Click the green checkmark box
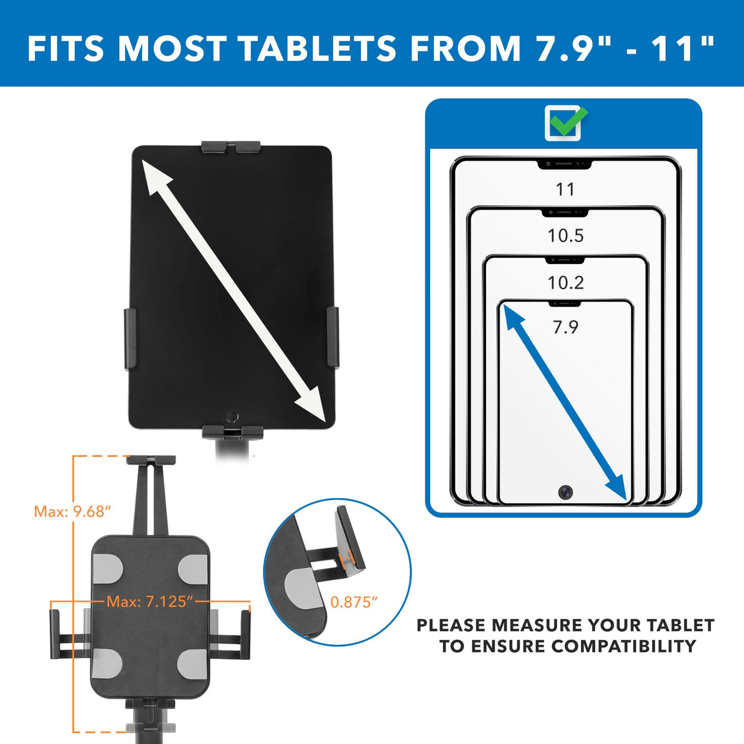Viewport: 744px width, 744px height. click(563, 123)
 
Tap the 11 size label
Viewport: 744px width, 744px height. click(565, 189)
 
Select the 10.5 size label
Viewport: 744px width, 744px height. click(565, 235)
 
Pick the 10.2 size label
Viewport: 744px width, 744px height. click(565, 283)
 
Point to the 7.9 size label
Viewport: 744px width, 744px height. click(565, 327)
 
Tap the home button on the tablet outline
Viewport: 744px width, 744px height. click(565, 492)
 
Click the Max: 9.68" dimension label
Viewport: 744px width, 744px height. click(72, 511)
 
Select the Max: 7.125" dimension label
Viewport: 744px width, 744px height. click(150, 602)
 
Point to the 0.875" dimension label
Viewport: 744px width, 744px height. click(354, 602)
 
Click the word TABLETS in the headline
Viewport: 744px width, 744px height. click(317, 49)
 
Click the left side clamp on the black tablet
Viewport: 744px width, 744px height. click(130, 339)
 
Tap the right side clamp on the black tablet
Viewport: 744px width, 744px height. click(333, 338)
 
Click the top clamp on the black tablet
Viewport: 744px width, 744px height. click(230, 147)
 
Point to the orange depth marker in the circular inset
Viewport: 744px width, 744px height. click(346, 557)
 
